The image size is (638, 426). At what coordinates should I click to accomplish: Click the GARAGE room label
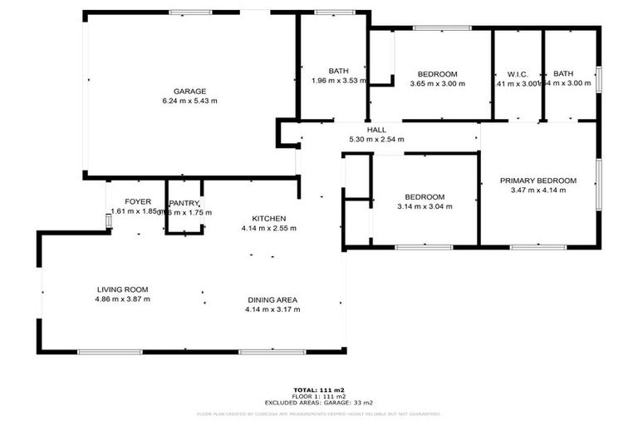tap(189, 92)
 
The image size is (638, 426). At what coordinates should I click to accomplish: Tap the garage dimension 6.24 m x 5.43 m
tap(189, 102)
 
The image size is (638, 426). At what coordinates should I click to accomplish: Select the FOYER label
tap(138, 202)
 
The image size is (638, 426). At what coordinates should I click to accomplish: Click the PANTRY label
tap(183, 203)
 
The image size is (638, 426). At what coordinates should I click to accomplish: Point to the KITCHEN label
tap(263, 218)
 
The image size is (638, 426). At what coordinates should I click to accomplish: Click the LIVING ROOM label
tap(122, 290)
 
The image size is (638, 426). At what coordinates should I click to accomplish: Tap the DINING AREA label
tap(272, 300)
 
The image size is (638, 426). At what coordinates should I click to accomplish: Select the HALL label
tap(376, 130)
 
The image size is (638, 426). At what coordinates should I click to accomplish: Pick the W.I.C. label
tap(518, 73)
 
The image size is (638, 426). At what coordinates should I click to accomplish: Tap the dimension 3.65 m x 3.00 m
tap(438, 83)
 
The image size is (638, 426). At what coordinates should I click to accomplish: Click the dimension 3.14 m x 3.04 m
tap(425, 206)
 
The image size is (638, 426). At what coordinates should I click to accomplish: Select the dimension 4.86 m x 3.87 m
tap(122, 299)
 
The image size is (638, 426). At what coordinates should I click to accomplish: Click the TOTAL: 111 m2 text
tap(319, 389)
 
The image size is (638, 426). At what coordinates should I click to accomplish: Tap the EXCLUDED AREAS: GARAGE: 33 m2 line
tap(319, 402)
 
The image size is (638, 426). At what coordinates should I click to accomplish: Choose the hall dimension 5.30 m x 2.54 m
tap(376, 139)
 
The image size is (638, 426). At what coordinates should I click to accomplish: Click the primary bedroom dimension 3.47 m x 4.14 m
tap(537, 191)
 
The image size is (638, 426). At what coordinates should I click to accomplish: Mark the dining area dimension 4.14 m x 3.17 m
tap(272, 310)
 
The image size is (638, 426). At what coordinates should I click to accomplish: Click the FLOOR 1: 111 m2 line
tap(319, 395)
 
